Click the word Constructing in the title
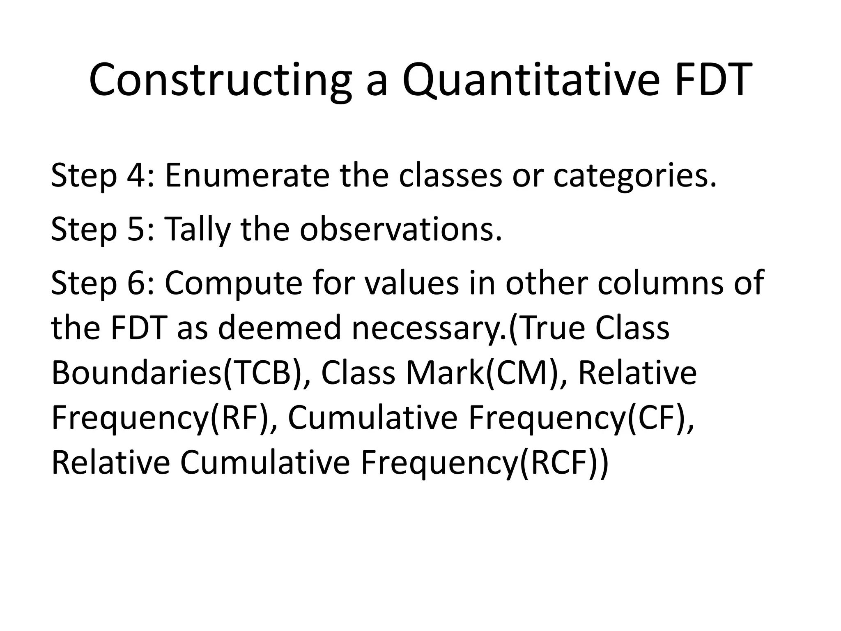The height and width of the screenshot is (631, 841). tap(220, 80)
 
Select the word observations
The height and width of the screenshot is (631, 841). tap(400, 229)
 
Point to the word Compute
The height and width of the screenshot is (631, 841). tap(234, 284)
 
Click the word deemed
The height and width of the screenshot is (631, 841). tap(279, 328)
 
